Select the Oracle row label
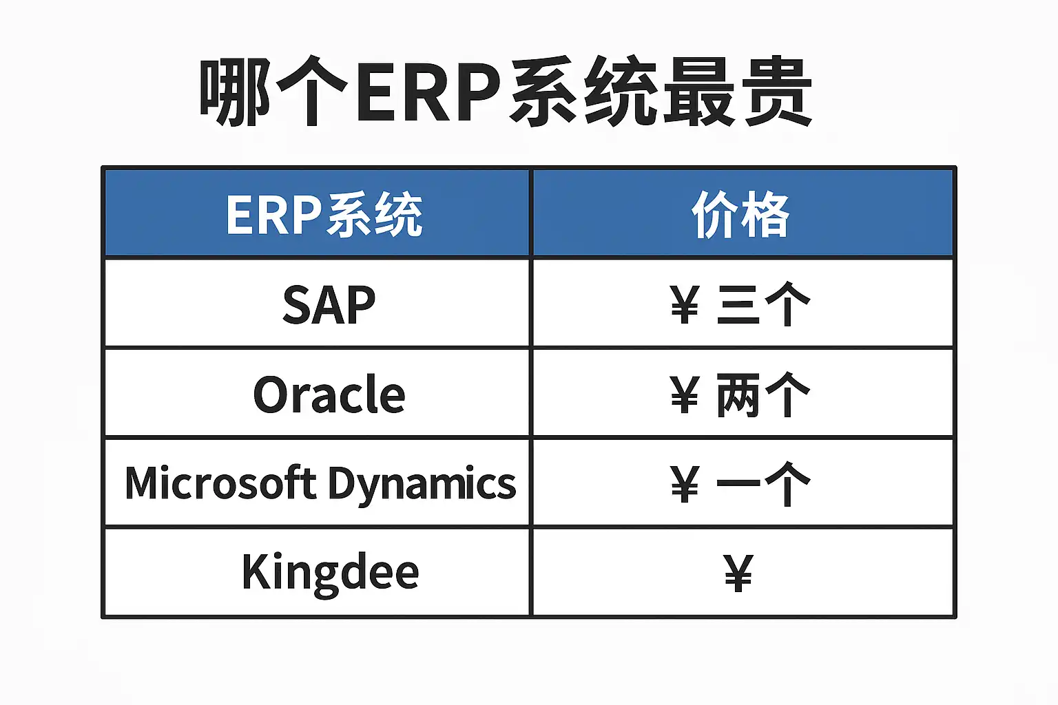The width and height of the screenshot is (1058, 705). coord(329,394)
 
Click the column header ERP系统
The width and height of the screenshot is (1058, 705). coord(324,214)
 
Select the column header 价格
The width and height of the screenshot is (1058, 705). coord(740,214)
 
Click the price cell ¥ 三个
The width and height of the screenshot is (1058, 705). coord(740,304)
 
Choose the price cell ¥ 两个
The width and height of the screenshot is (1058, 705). coord(740,394)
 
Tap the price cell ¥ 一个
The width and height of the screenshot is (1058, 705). coord(740,483)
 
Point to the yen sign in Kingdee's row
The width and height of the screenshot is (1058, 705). coord(738,574)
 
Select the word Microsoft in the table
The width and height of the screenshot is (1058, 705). coord(220,482)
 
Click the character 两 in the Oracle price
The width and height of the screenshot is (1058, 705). coord(738,394)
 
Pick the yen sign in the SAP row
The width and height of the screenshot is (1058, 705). coord(685,305)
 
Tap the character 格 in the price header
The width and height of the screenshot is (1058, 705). coord(766,214)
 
